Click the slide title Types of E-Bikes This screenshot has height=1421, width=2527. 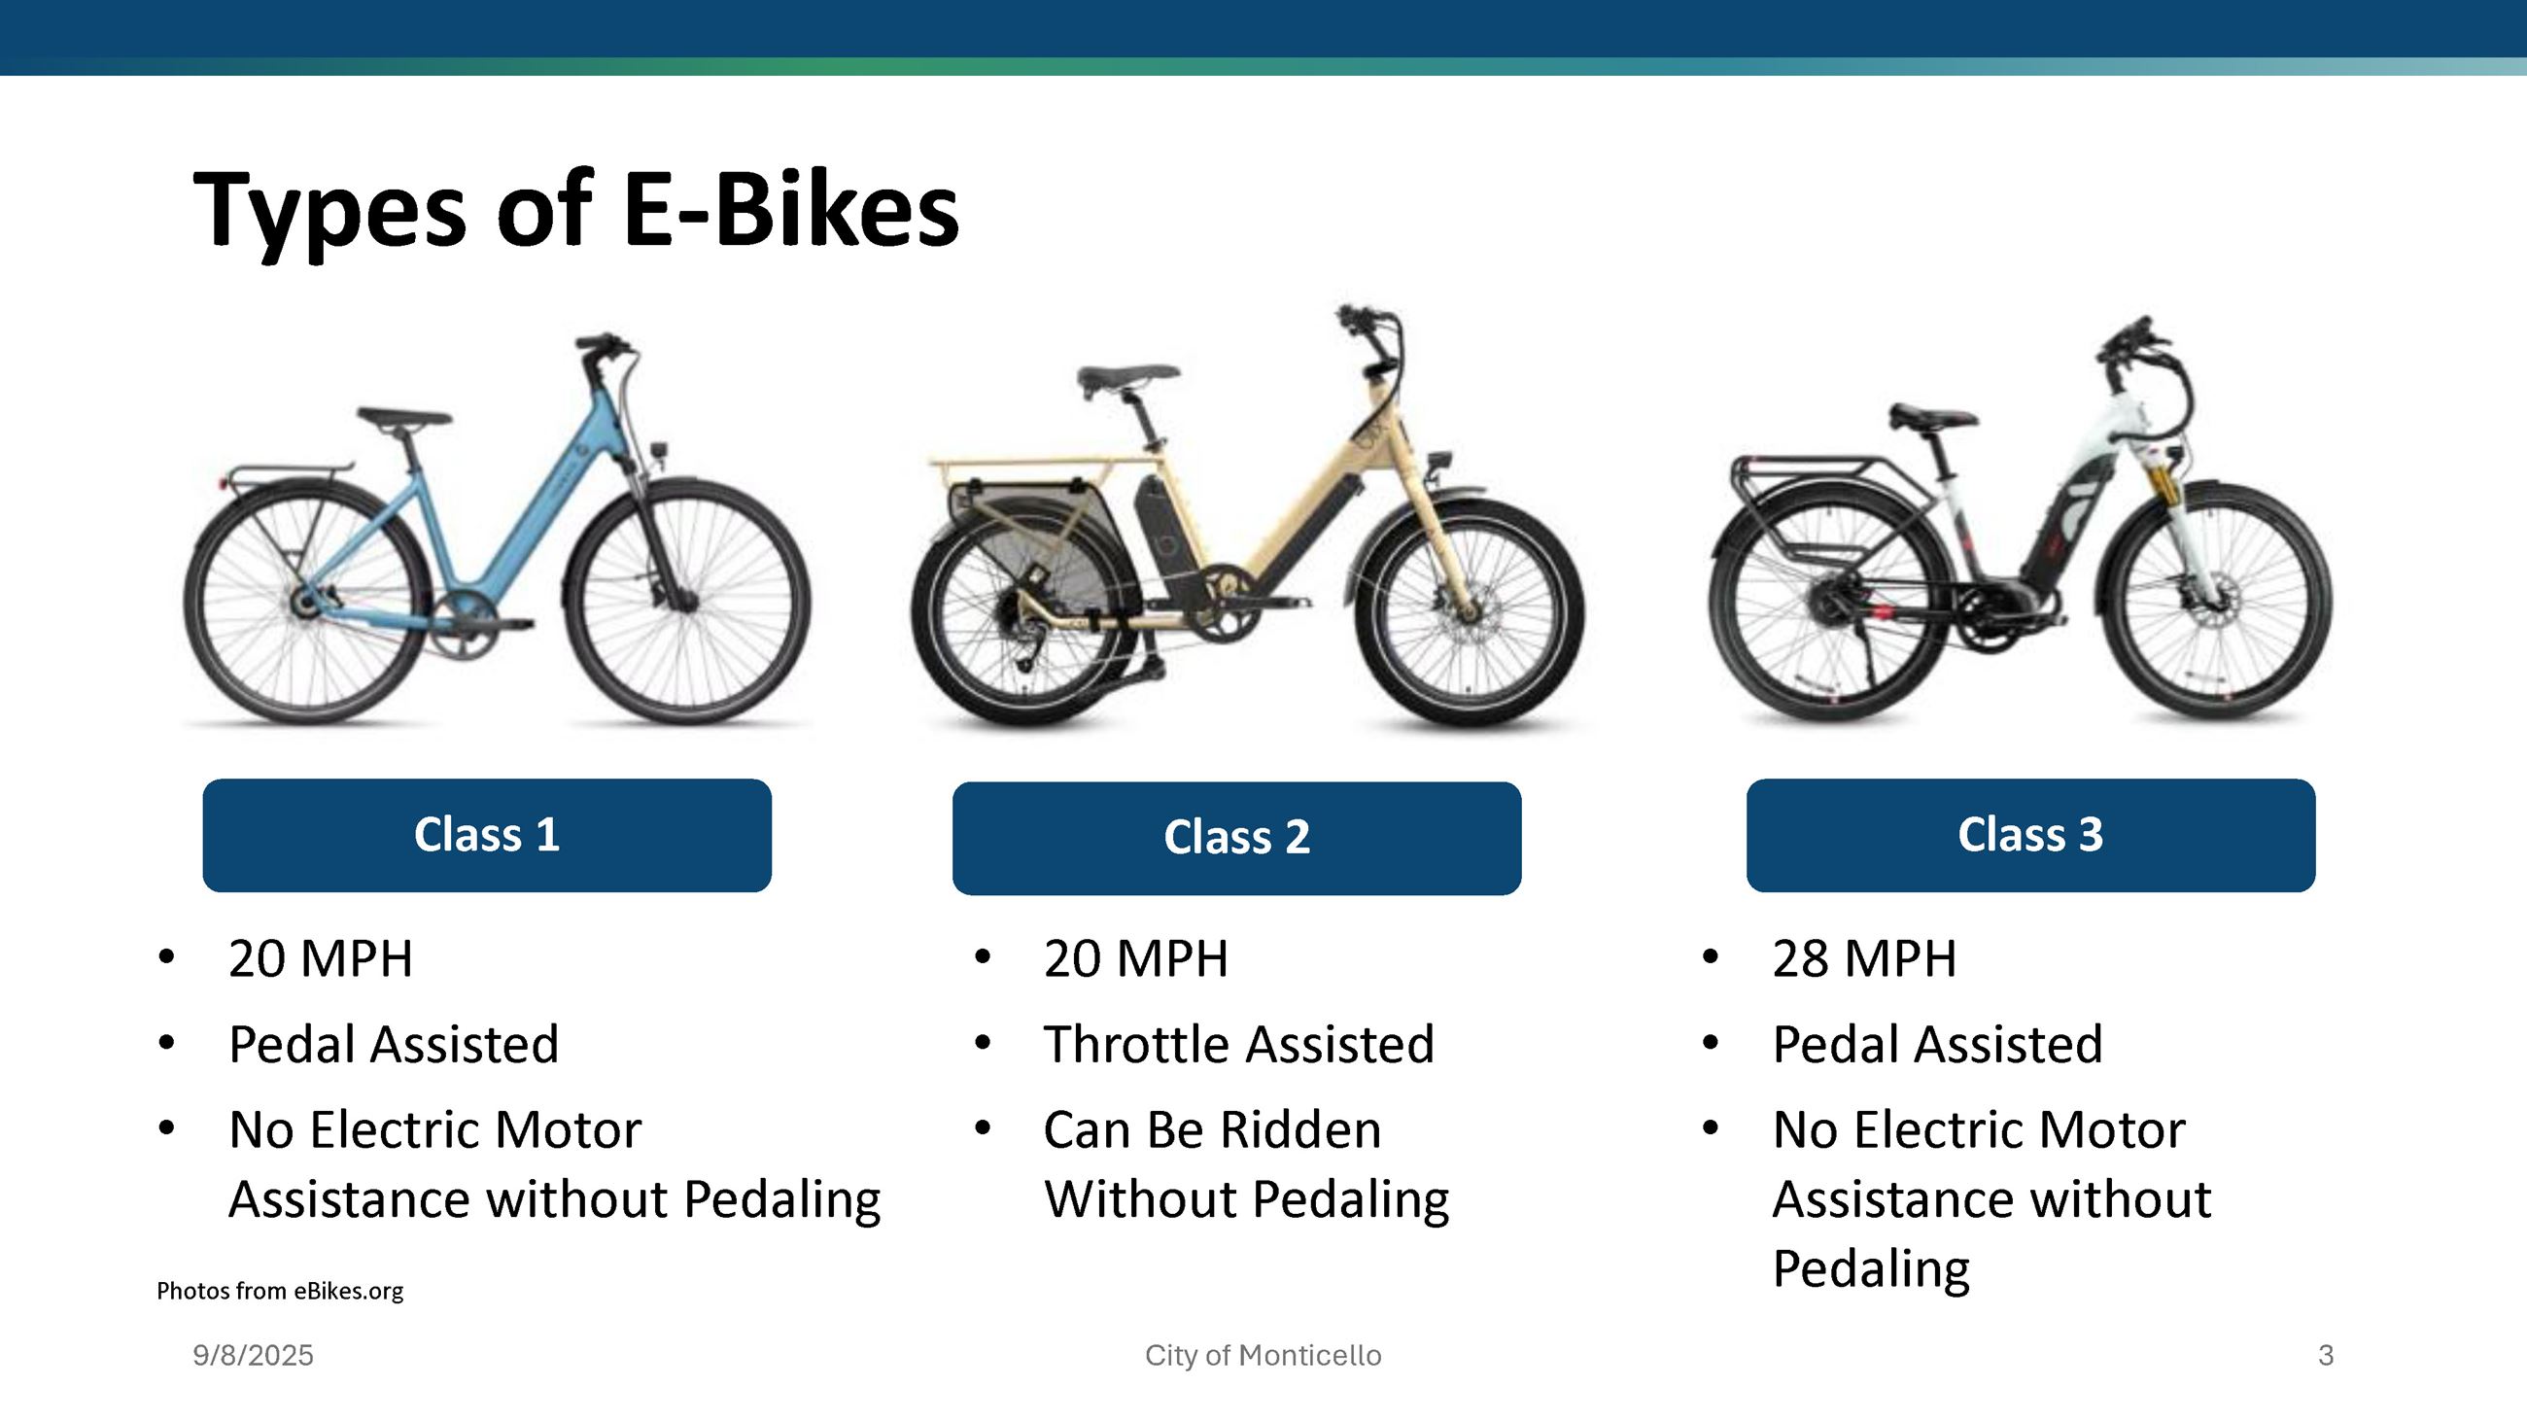click(575, 210)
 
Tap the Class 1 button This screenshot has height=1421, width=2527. click(487, 836)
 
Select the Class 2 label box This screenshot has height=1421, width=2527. click(1236, 839)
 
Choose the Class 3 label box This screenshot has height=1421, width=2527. click(2029, 836)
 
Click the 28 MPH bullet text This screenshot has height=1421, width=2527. click(1864, 959)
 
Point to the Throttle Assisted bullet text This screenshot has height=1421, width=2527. click(1238, 1045)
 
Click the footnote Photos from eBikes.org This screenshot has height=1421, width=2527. click(280, 1291)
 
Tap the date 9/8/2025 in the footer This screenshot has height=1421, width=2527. click(253, 1355)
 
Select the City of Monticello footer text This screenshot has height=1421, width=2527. click(1263, 1355)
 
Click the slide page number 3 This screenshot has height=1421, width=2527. click(2325, 1355)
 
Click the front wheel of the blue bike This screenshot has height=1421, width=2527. click(690, 604)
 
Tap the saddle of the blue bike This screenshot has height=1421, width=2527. click(404, 418)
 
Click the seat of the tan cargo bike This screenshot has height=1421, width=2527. click(1128, 375)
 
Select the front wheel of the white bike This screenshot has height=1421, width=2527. click(2217, 600)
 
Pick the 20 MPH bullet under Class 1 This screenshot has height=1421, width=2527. click(320, 959)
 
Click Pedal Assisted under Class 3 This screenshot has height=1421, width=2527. click(1937, 1045)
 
